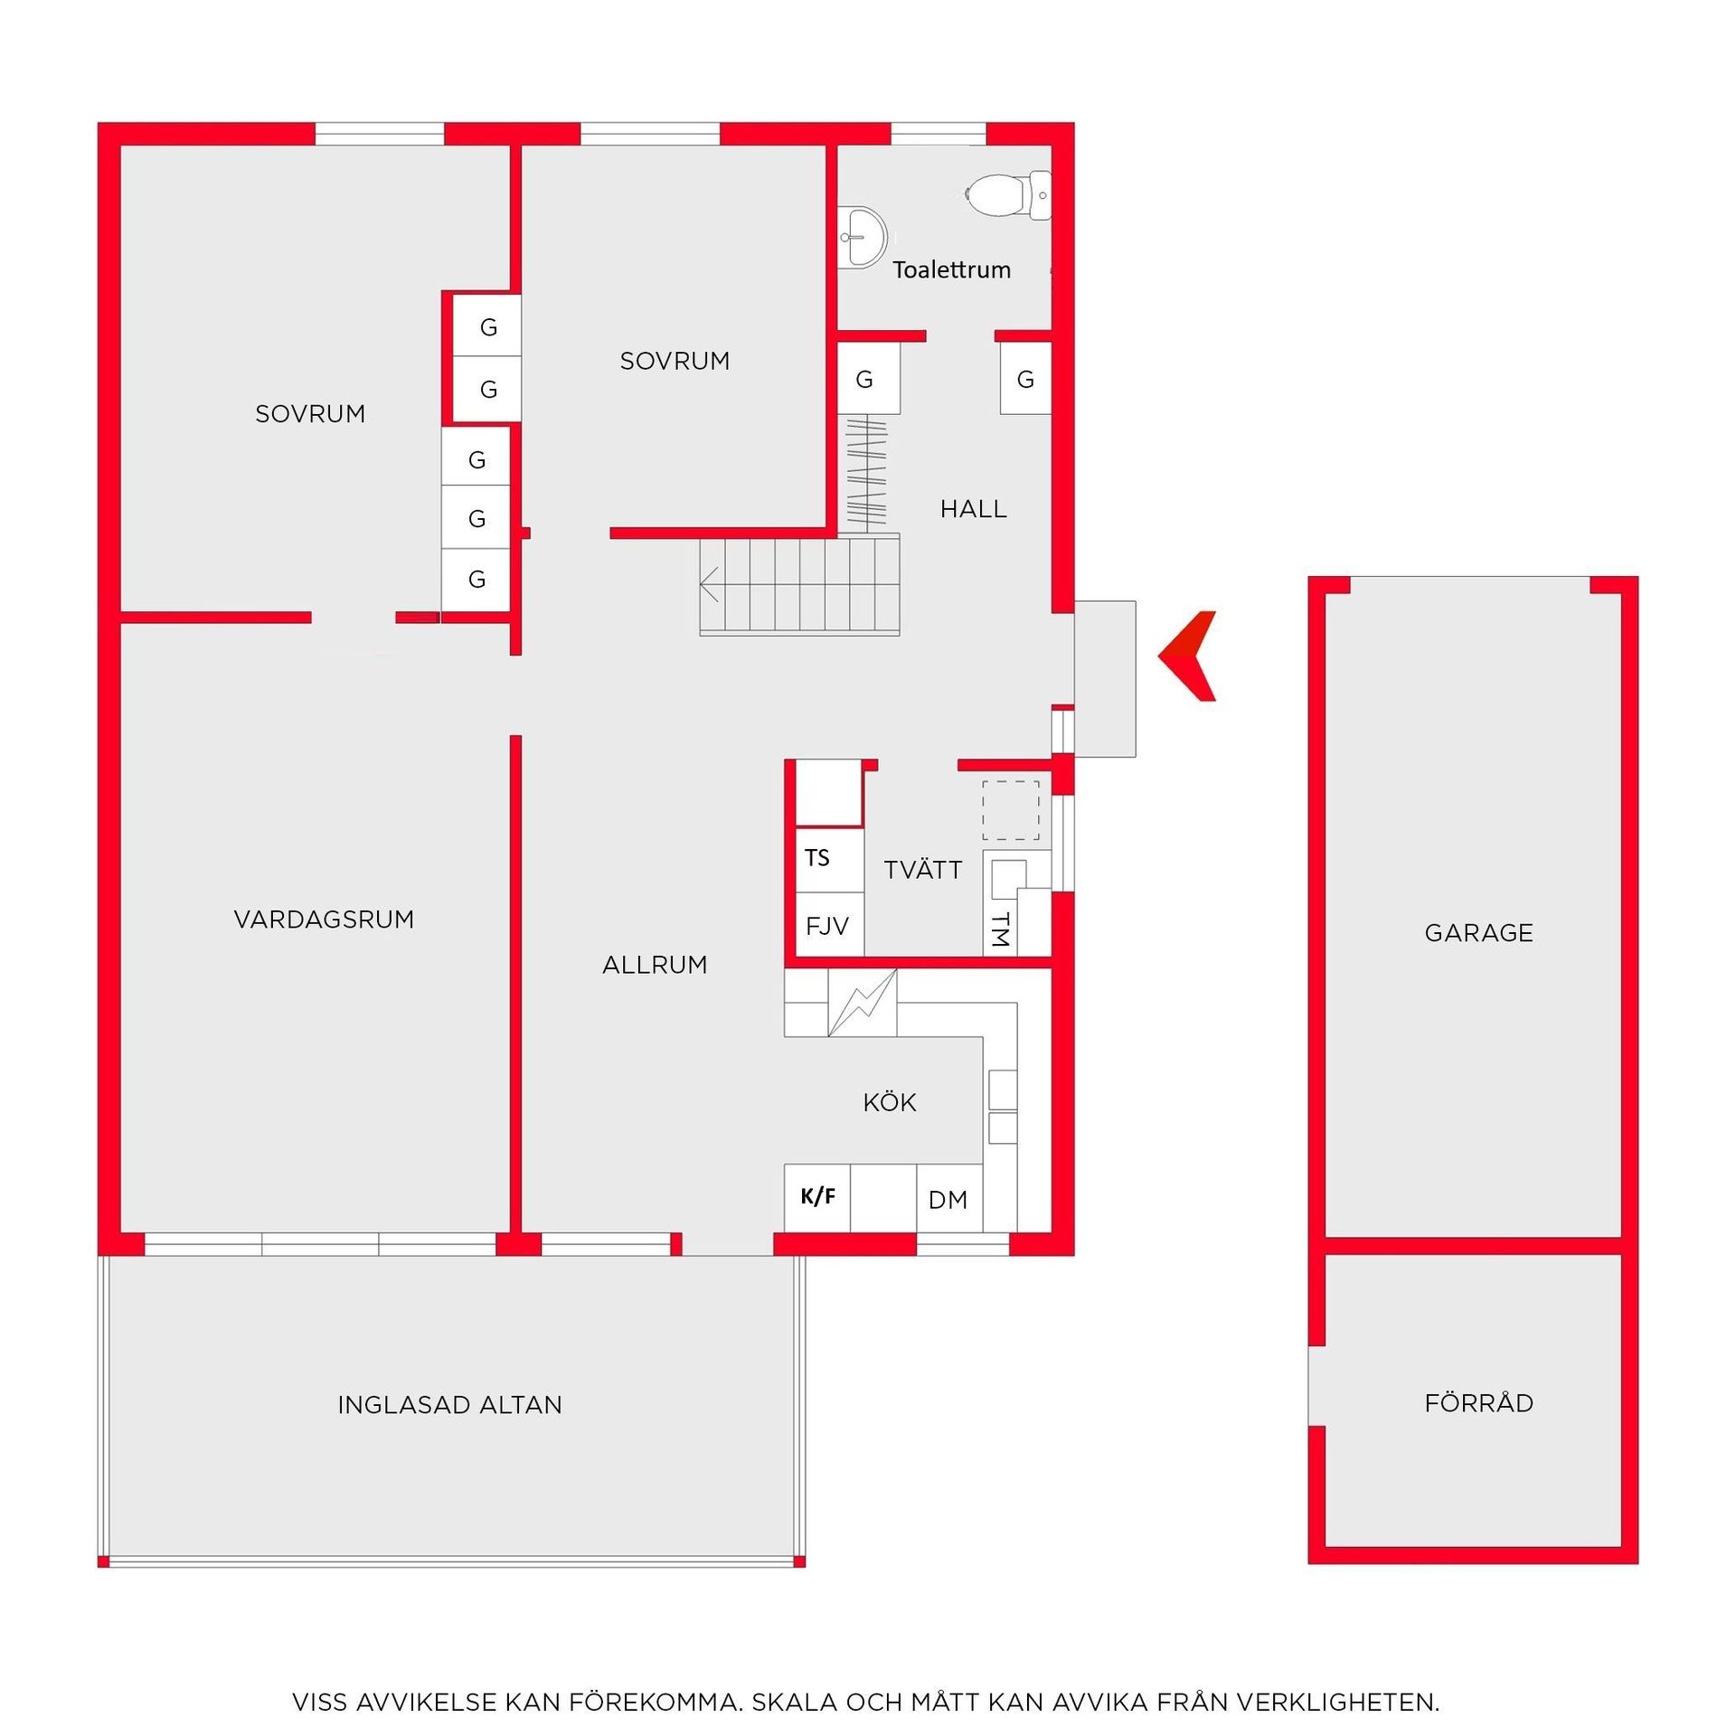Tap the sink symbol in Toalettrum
pos(862,237)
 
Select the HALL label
pos(973,509)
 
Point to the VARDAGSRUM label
pos(324,920)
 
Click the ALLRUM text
pos(655,965)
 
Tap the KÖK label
pos(890,1102)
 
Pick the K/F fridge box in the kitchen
pos(817,1198)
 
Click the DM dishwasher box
pos(949,1198)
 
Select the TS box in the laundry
pos(829,856)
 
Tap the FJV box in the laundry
pos(829,924)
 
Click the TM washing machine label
pos(1000,929)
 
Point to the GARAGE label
pos(1479,933)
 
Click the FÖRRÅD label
pos(1479,1402)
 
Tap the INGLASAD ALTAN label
pos(449,1404)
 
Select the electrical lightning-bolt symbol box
pos(863,1003)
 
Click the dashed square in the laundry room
pos(1011,811)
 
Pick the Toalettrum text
pos(951,269)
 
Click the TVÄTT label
pos(923,869)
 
